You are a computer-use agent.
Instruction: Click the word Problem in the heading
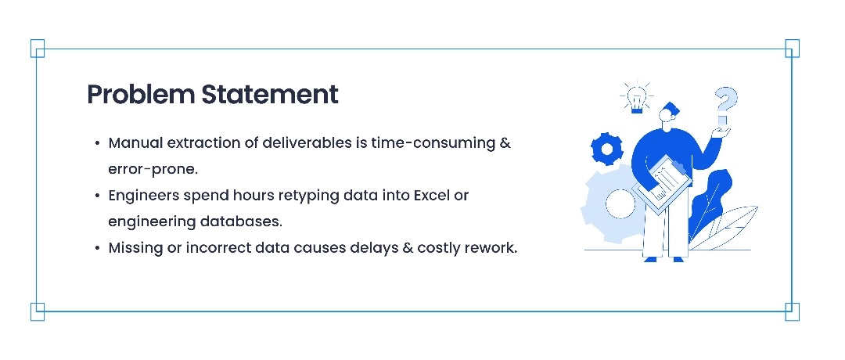pyautogui.click(x=141, y=95)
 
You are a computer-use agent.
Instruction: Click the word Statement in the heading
pyautogui.click(x=270, y=95)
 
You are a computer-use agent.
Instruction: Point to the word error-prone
pyautogui.click(x=153, y=170)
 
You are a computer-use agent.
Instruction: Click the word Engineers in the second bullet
pyautogui.click(x=144, y=196)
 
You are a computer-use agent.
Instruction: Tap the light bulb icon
pyautogui.click(x=637, y=99)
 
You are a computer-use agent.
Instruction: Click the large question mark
pyautogui.click(x=725, y=105)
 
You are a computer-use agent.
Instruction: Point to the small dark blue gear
pyautogui.click(x=607, y=148)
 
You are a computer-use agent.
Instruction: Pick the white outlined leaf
pyautogui.click(x=725, y=227)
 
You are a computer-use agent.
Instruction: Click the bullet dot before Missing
pyautogui.click(x=97, y=248)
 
